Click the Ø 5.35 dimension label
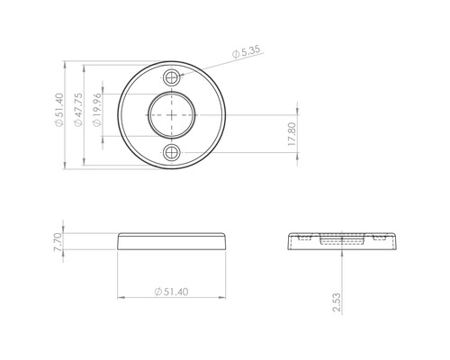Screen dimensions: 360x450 click(x=246, y=53)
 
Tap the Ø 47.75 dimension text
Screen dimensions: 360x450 click(x=78, y=116)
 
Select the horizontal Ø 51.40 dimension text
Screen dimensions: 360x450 click(x=171, y=292)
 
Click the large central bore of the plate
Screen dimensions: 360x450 click(x=172, y=115)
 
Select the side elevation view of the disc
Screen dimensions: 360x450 click(x=172, y=240)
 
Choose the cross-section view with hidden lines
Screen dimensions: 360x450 click(x=342, y=240)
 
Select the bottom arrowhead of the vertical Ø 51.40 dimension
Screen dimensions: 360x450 click(x=66, y=166)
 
